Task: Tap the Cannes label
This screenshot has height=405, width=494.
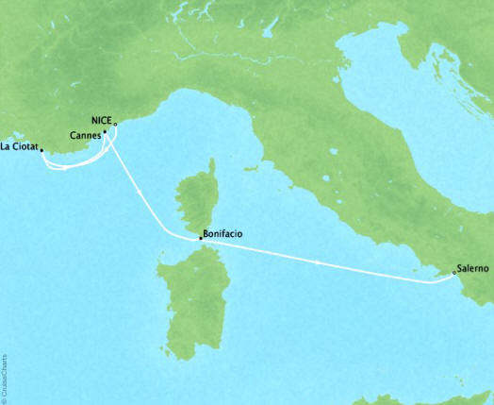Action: click(85, 135)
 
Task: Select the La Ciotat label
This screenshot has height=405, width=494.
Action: click(19, 145)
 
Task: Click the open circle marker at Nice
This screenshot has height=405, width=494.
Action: click(115, 124)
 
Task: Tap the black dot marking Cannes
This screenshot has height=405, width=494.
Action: click(104, 133)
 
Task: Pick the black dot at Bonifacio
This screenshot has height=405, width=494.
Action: click(200, 239)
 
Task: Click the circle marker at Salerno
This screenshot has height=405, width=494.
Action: click(454, 274)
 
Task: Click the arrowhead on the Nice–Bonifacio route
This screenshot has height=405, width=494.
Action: click(140, 193)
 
